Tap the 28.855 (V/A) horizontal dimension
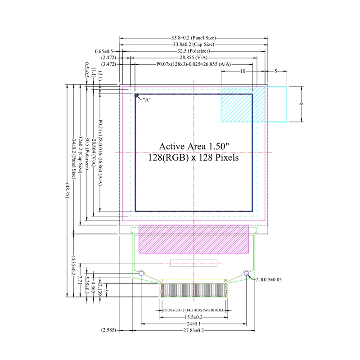[193, 58]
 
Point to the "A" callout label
[147, 100]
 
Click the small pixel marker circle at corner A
[136, 95]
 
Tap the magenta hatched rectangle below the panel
[194, 239]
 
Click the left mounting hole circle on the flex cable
[141, 273]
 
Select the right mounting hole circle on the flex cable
[246, 273]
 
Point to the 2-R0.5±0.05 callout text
[269, 279]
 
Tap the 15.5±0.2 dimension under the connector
[194, 317]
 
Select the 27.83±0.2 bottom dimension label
[194, 330]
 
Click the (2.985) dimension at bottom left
[109, 330]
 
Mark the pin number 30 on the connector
[225, 280]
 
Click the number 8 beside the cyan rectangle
[301, 104]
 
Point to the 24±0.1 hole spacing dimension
[194, 324]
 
